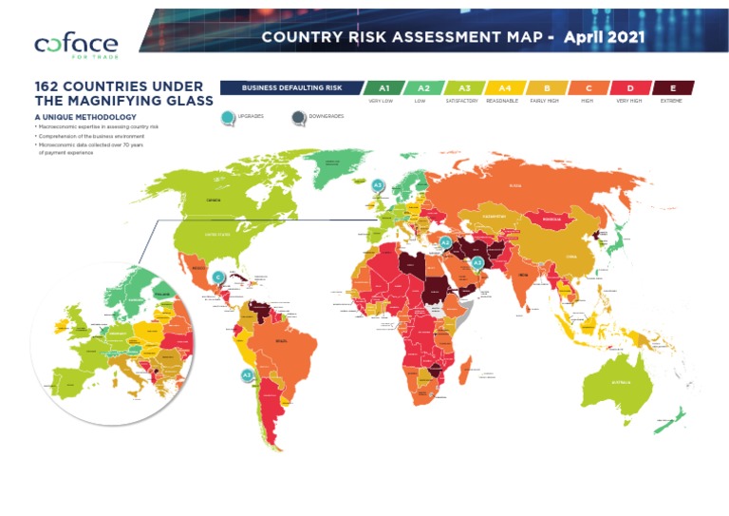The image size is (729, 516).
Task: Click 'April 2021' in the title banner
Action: point(605,37)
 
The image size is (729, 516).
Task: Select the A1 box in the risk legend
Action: point(384,87)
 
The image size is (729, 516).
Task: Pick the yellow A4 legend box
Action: point(504,87)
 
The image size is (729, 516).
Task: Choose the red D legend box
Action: point(630,87)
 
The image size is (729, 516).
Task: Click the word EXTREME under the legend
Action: point(671,100)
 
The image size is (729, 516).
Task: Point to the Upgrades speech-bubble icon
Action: point(227,118)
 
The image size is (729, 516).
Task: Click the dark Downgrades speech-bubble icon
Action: point(299,118)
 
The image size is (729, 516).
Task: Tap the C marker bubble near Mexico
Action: point(218,277)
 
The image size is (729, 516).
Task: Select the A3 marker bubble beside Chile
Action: point(247,374)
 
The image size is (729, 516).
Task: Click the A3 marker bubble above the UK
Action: point(378,185)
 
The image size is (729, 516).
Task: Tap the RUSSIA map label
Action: point(515,186)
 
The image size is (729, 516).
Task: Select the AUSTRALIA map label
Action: point(620,384)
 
